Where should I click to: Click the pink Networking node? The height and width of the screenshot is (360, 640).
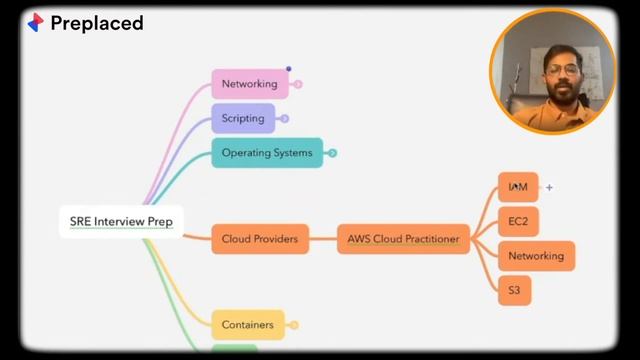click(249, 84)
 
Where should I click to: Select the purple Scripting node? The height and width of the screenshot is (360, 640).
click(242, 118)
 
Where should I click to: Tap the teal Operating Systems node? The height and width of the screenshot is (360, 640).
click(266, 153)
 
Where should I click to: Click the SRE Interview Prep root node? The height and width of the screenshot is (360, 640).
click(120, 221)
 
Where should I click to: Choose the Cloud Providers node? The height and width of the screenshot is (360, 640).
click(259, 239)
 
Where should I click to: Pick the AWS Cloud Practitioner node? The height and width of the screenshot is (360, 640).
click(403, 239)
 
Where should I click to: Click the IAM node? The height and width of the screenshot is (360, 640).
click(517, 187)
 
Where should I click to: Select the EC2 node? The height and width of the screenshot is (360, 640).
click(517, 221)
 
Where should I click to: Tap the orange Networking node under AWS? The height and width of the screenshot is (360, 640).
click(535, 256)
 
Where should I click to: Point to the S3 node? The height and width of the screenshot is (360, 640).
click(514, 290)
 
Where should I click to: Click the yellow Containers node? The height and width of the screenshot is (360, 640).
click(247, 324)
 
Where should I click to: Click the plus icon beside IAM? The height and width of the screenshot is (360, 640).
click(549, 187)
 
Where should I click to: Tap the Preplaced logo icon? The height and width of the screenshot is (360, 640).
click(35, 22)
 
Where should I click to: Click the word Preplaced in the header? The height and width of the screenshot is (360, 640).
click(97, 22)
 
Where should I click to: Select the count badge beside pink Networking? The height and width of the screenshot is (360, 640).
click(298, 84)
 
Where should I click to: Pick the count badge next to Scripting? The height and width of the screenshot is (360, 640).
click(284, 118)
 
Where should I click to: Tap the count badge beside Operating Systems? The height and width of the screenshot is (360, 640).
click(332, 153)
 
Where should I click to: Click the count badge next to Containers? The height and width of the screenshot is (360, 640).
click(294, 324)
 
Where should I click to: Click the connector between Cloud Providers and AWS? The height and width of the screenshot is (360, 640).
click(323, 239)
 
